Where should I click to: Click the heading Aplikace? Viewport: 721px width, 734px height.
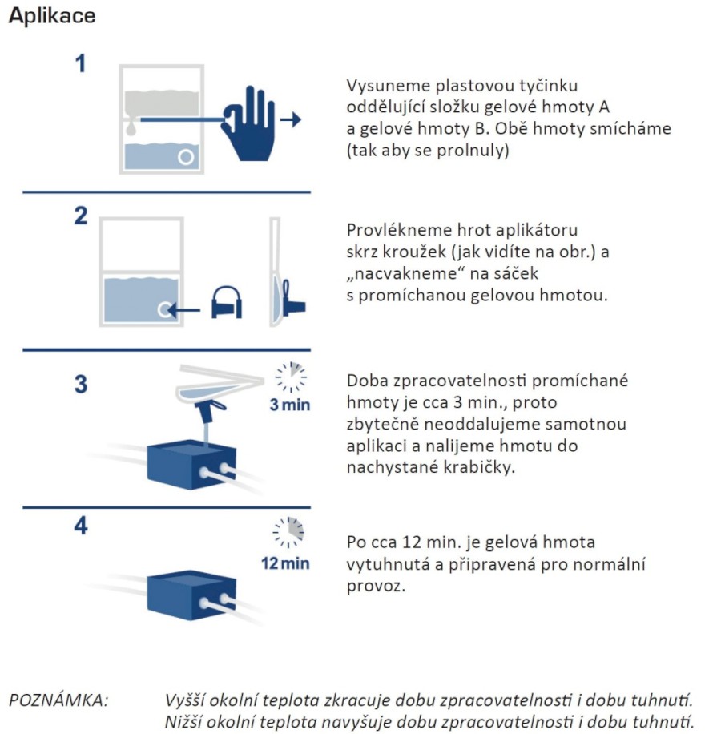(x=51, y=17)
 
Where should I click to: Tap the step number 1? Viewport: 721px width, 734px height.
(x=80, y=64)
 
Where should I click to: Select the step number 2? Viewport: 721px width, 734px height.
(x=81, y=216)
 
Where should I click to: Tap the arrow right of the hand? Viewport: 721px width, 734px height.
(x=292, y=120)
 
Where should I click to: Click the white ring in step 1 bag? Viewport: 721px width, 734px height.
(x=186, y=157)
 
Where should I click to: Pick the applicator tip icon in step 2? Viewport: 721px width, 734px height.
(x=226, y=304)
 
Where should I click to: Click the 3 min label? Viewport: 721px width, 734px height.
(x=289, y=405)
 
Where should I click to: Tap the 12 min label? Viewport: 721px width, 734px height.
(x=284, y=563)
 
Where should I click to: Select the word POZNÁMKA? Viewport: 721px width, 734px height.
(x=58, y=700)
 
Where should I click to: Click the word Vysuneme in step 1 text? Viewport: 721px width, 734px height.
(x=381, y=86)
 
